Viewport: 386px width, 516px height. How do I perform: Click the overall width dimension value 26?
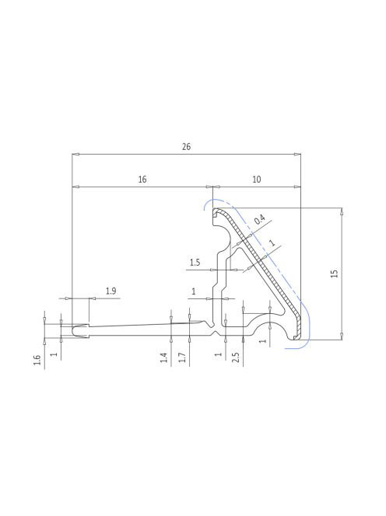pyautogui.click(x=186, y=146)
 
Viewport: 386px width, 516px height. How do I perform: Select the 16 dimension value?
pyautogui.click(x=142, y=180)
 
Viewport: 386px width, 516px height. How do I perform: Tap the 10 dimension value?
pyautogui.click(x=257, y=180)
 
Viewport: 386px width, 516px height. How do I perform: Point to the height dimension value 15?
pyautogui.click(x=334, y=274)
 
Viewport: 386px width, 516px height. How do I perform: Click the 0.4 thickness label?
pyautogui.click(x=260, y=219)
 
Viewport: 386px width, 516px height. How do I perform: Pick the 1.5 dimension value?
pyautogui.click(x=195, y=263)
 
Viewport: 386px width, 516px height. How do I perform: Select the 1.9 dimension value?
pyautogui.click(x=111, y=291)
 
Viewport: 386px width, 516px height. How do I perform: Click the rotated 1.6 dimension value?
pyautogui.click(x=37, y=360)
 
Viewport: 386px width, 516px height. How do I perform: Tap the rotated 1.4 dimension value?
pyautogui.click(x=164, y=357)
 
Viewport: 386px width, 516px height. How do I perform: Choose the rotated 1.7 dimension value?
pyautogui.click(x=182, y=357)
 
